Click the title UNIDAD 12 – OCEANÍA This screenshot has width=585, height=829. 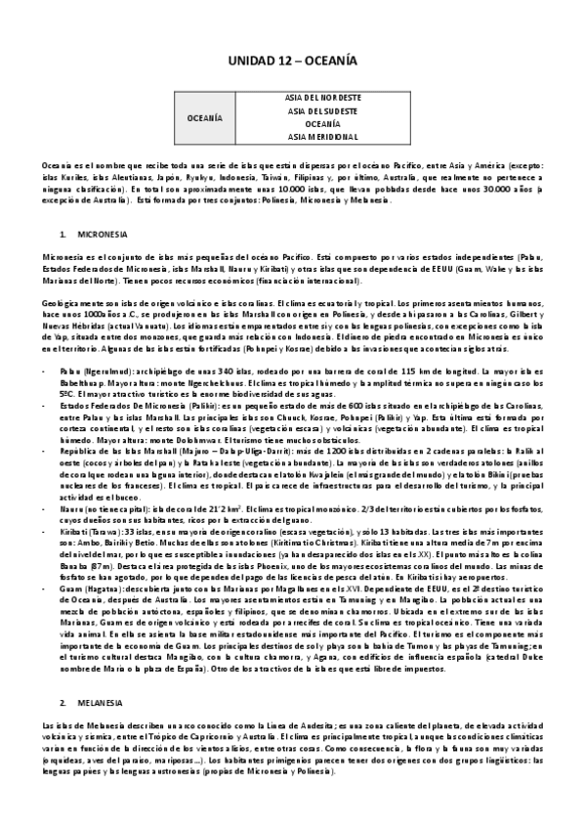(x=292, y=61)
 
